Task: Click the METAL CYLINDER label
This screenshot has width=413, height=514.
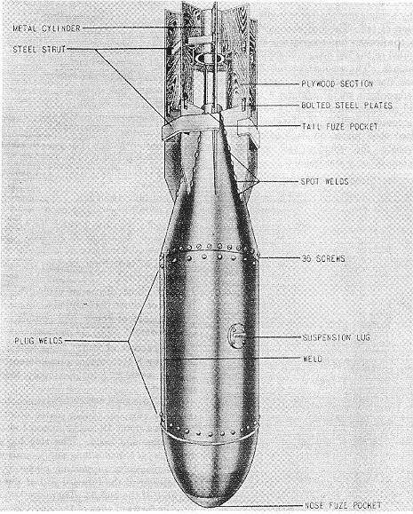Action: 46,28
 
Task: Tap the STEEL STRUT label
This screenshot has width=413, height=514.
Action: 39,50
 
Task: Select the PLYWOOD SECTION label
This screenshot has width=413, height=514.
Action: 338,84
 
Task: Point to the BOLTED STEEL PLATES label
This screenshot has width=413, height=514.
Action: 346,106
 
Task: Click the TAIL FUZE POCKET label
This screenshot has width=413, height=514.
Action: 340,127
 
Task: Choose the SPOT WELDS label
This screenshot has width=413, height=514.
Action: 325,181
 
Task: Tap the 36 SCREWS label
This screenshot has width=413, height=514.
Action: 323,258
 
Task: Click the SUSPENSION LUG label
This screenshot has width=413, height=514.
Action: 337,337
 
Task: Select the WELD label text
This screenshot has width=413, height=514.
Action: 313,359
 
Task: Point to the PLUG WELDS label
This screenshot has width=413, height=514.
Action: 38,341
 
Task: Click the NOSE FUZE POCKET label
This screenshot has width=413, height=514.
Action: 343,505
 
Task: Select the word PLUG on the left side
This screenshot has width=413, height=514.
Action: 25,341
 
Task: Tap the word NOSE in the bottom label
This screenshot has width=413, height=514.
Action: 314,505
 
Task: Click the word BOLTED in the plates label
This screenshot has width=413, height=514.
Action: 316,106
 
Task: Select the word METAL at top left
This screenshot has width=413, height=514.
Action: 25,28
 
